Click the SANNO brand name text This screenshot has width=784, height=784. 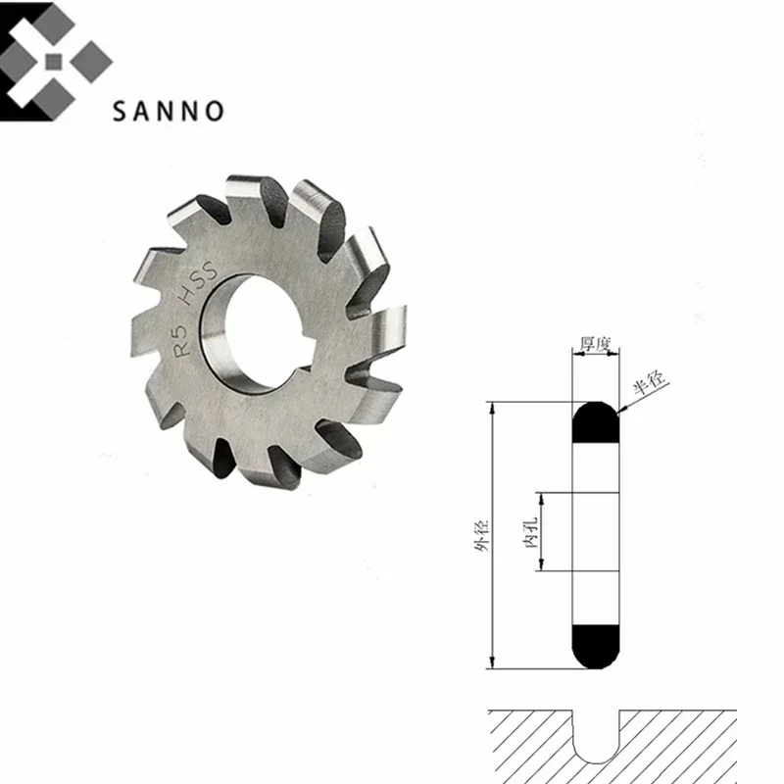coord(168,110)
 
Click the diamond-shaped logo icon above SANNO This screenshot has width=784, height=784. coord(55,61)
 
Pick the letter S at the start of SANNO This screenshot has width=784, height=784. coord(120,110)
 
